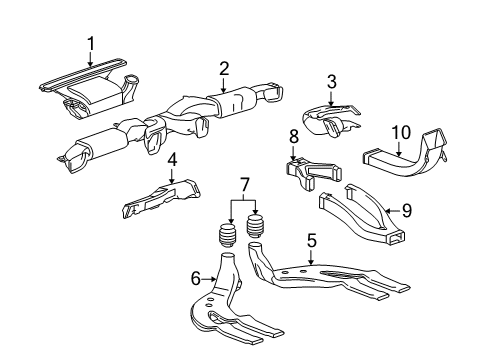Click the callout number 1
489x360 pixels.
click(91, 43)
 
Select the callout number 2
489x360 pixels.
click(225, 68)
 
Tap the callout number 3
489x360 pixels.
click(332, 83)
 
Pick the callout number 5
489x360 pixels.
click(312, 240)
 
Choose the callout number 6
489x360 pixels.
click(194, 278)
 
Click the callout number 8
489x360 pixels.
click(293, 134)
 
